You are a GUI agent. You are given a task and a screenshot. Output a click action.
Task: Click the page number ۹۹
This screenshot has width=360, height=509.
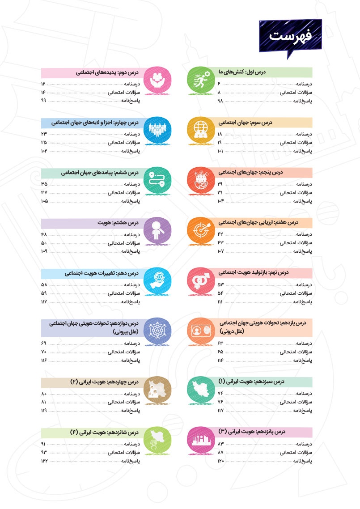(44, 101)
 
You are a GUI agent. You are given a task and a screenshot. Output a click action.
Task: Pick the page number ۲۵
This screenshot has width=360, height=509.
(44, 143)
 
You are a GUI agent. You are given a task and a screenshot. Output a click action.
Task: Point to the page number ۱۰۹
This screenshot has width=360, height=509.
(44, 252)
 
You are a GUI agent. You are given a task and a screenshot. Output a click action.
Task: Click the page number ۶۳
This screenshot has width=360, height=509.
(220, 343)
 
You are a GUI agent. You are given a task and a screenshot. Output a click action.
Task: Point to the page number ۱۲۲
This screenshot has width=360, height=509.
(44, 461)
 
